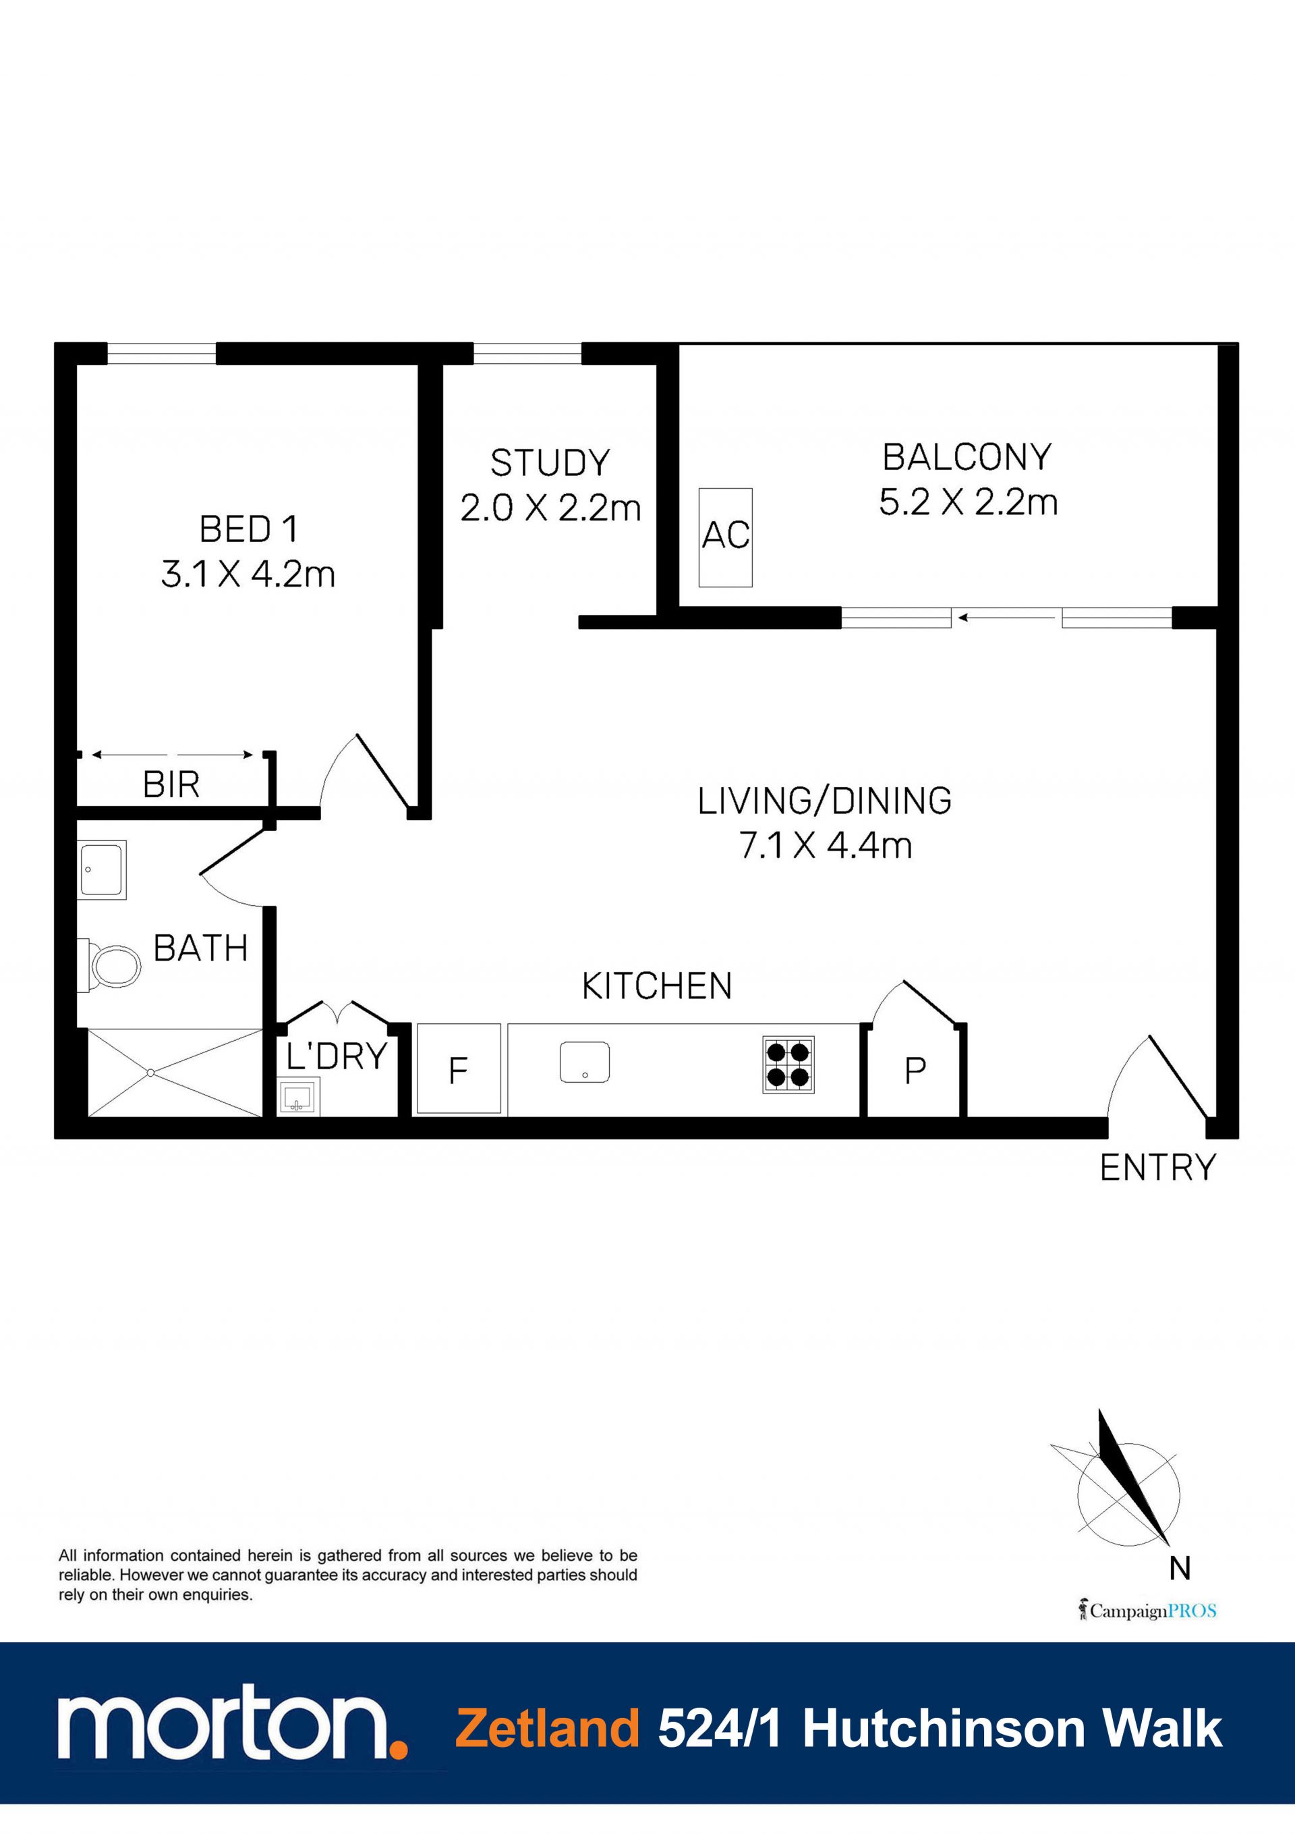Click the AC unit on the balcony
(x=725, y=537)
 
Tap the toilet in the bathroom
(x=109, y=966)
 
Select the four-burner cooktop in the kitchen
(x=788, y=1064)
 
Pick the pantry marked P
(x=915, y=1071)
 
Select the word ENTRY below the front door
(x=1157, y=1168)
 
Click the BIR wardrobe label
(x=171, y=784)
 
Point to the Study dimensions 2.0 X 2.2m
(x=550, y=508)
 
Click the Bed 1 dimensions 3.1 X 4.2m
(x=248, y=574)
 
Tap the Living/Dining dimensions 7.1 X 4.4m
(x=826, y=845)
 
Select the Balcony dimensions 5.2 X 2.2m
(x=968, y=502)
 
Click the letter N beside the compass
(x=1179, y=1568)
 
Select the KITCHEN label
(x=656, y=986)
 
